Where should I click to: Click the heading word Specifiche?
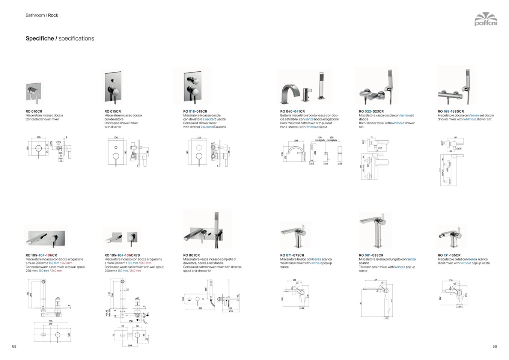(40, 39)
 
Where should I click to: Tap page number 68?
(14, 346)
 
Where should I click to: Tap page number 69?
(494, 346)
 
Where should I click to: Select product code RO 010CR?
(34, 111)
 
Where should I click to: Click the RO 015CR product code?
(113, 111)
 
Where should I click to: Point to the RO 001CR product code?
(191, 255)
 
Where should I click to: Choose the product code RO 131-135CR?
(449, 255)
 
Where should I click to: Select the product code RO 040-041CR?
(292, 111)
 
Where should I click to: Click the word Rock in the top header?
(53, 15)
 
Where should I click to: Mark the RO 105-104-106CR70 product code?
(122, 255)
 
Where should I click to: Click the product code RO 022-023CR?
(371, 111)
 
